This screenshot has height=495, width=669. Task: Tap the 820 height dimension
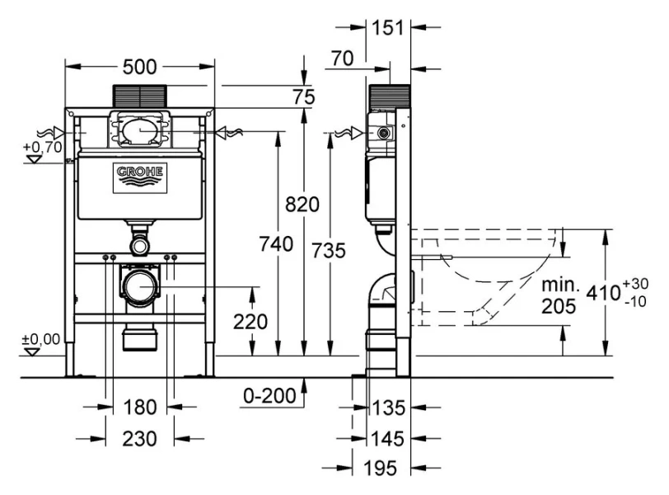(x=302, y=205)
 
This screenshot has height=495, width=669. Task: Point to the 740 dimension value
(x=276, y=244)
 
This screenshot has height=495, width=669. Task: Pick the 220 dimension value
(x=250, y=321)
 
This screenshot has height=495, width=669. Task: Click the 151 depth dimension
(x=388, y=27)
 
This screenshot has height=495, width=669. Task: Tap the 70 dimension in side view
(x=344, y=59)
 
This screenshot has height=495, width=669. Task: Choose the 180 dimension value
(x=139, y=406)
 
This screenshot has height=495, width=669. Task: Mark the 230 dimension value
(x=139, y=439)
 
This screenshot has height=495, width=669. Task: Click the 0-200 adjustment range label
(x=269, y=397)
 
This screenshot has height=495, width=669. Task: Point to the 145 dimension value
(x=388, y=437)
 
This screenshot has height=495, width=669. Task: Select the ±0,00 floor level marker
(x=40, y=338)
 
